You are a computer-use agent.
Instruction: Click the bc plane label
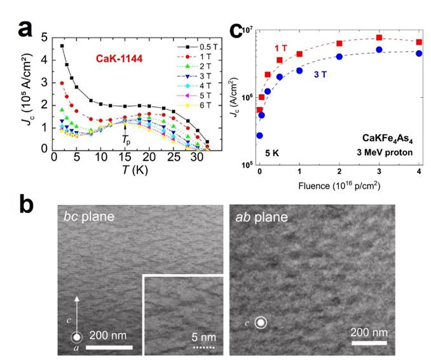88,217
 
